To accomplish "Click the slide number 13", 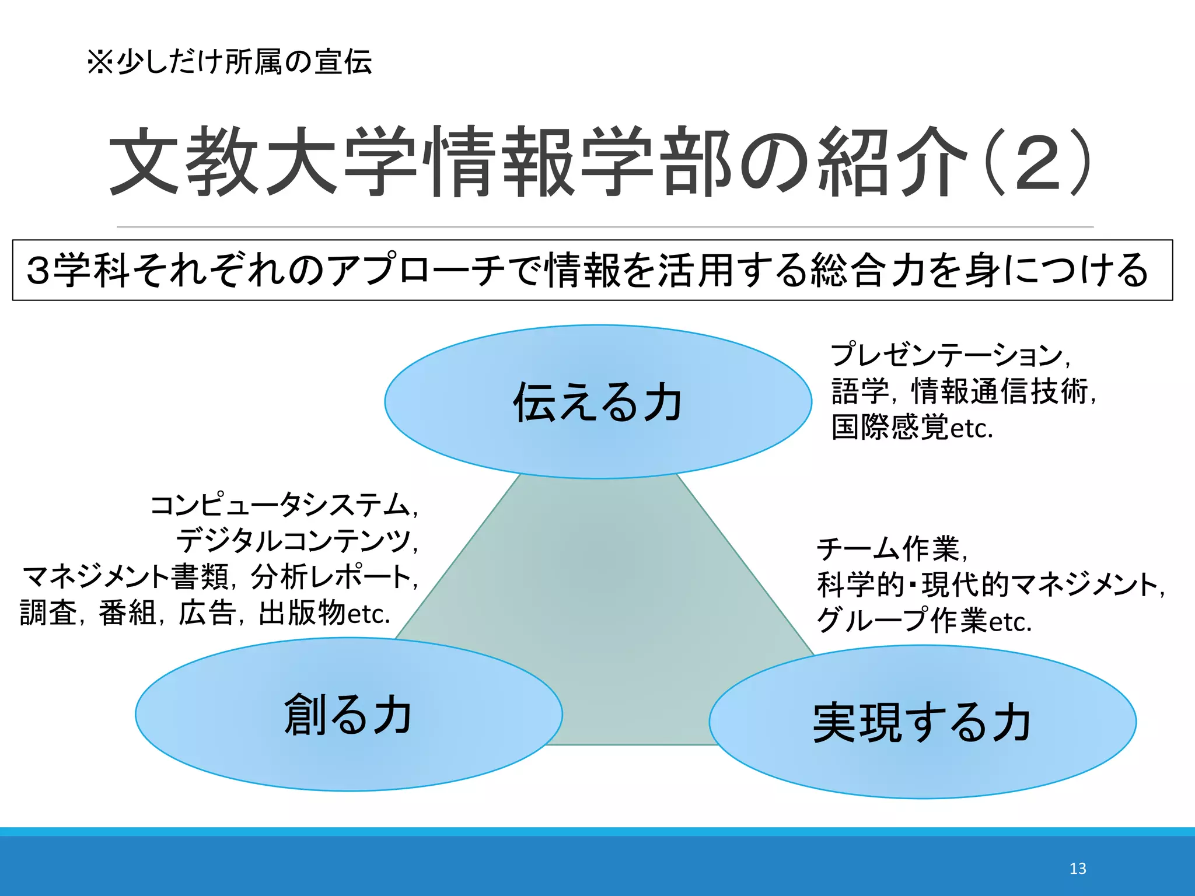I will pyautogui.click(x=1077, y=869).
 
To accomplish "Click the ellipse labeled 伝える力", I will pyautogui.click(x=597, y=402).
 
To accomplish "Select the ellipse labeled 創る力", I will pyautogui.click(x=348, y=715).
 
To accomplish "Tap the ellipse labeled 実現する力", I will pyautogui.click(x=922, y=722).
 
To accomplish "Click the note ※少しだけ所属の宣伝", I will pyautogui.click(x=229, y=62).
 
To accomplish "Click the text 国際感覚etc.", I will pyautogui.click(x=911, y=428).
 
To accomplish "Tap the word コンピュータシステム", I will pyautogui.click(x=280, y=505).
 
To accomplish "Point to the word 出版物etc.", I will pyautogui.click(x=324, y=614).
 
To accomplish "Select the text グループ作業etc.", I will pyautogui.click(x=924, y=621).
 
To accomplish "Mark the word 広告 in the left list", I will pyautogui.click(x=207, y=614).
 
